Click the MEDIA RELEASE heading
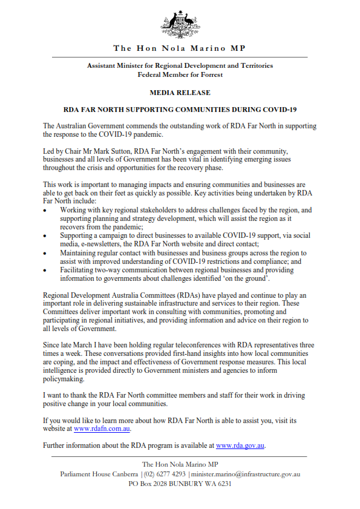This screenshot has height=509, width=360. pos(180,93)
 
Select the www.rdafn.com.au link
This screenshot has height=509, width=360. pos(102,429)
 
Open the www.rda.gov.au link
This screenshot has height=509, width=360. pos(240,445)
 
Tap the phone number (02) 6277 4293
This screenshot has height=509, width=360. pos(165,475)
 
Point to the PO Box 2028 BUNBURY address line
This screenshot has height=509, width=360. pos(180,484)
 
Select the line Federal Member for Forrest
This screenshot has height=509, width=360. pos(180,75)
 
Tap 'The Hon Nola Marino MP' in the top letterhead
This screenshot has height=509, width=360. pos(180,48)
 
